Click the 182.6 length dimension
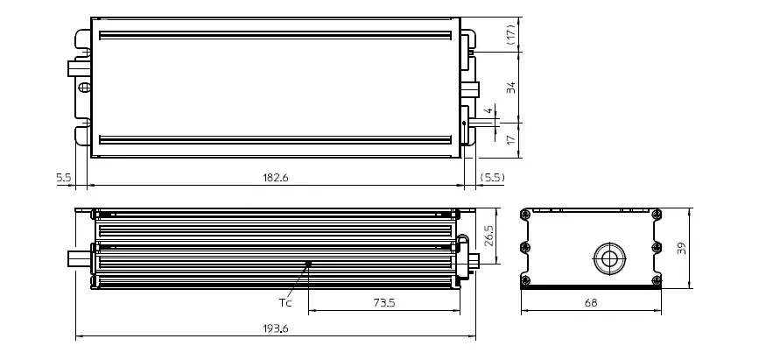[x=274, y=177]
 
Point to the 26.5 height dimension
[x=488, y=236]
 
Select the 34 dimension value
[x=509, y=87]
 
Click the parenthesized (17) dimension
[x=509, y=35]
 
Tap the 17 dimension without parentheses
[x=509, y=140]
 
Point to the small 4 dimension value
[x=488, y=112]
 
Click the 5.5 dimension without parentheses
[x=63, y=177]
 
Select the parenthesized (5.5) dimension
[x=493, y=177]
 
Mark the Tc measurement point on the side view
[x=308, y=263]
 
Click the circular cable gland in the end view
[x=607, y=258]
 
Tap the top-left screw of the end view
[x=525, y=215]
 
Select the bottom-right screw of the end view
[x=657, y=280]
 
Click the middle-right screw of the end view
[x=657, y=248]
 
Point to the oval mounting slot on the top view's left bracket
[x=84, y=88]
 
